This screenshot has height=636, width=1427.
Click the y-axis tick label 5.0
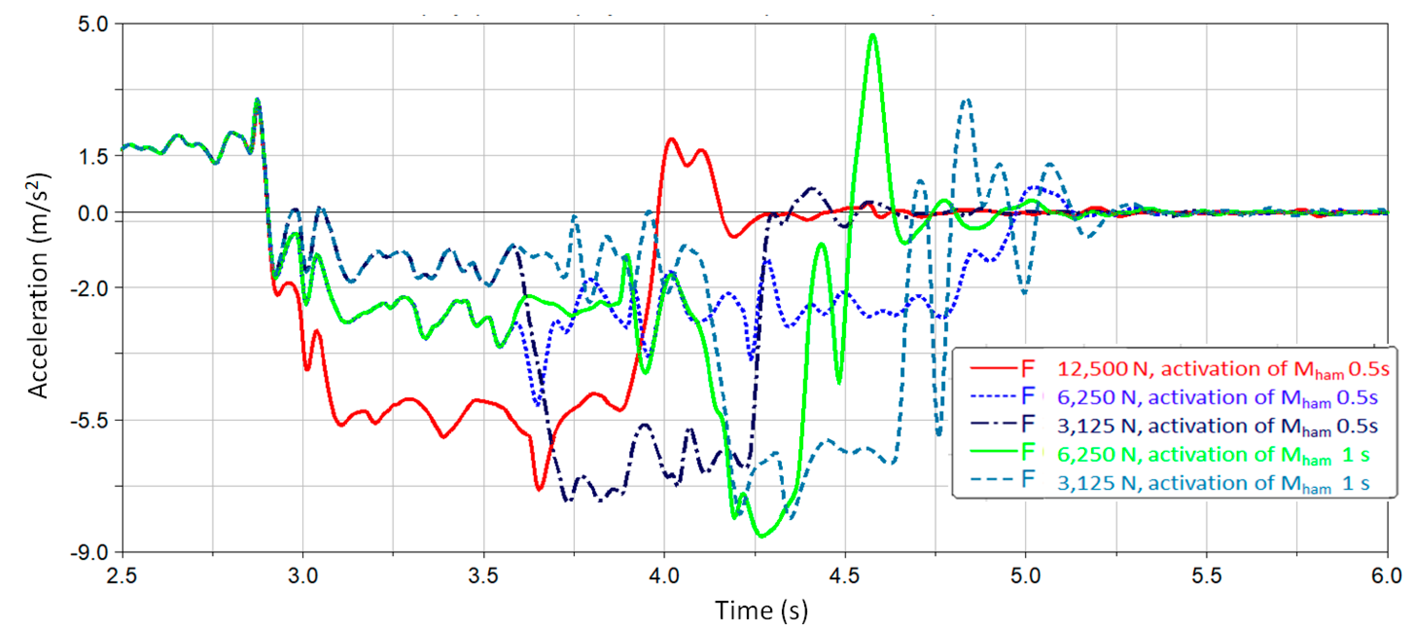pyautogui.click(x=93, y=25)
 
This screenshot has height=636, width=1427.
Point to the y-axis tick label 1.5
pyautogui.click(x=93, y=157)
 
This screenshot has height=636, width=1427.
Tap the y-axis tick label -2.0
pyautogui.click(x=88, y=289)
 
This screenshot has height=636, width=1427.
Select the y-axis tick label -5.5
pyautogui.click(x=88, y=421)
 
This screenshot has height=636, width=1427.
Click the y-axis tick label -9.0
pyautogui.click(x=88, y=553)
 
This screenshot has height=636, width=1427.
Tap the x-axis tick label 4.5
pyautogui.click(x=845, y=576)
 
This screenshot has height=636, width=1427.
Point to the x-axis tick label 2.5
pyautogui.click(x=122, y=576)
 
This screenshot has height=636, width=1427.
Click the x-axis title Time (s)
pyautogui.click(x=761, y=611)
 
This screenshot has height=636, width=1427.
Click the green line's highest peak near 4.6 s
pyautogui.click(x=873, y=35)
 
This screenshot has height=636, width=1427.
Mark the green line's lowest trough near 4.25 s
pyautogui.click(x=762, y=536)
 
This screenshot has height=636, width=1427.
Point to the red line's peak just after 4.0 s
pyautogui.click(x=671, y=139)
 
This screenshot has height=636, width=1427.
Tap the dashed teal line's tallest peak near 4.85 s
pyautogui.click(x=967, y=100)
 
